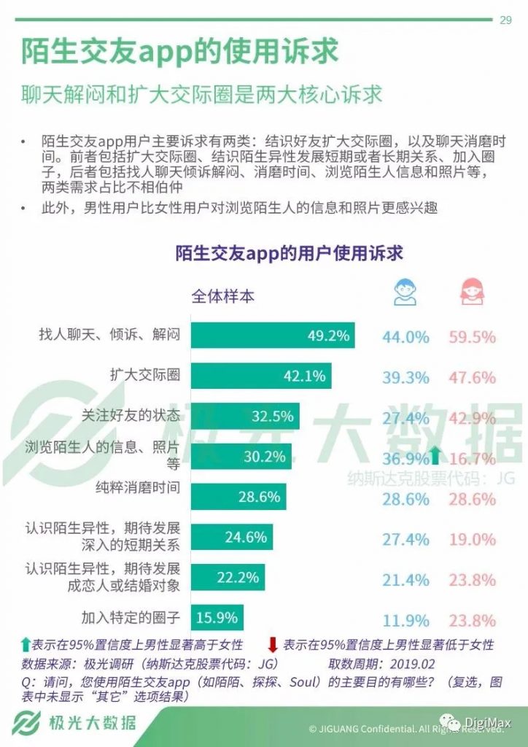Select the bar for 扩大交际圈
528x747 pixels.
(260, 376)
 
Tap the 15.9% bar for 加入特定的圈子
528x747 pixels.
(217, 617)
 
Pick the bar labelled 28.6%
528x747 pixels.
(238, 497)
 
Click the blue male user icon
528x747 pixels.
(405, 292)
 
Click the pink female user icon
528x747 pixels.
(471, 292)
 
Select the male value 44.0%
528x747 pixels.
(405, 337)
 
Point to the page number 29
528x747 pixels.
(505, 20)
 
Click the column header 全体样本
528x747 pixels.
(223, 296)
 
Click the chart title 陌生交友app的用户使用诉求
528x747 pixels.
(289, 253)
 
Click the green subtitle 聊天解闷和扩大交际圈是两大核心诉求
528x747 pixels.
(201, 95)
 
